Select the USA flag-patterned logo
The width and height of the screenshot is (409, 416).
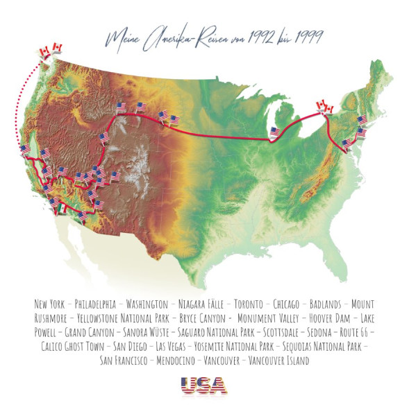click(204, 385)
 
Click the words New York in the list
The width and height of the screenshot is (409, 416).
click(51, 304)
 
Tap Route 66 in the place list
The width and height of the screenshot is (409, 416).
click(352, 332)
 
